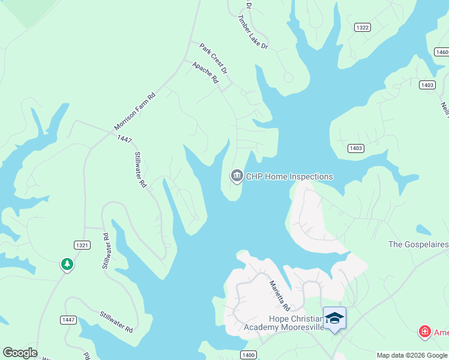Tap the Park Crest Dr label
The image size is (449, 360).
tap(214, 58)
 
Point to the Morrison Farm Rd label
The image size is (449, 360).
tap(135, 112)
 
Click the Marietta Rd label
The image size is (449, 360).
tap(279, 294)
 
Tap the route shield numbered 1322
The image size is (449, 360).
tap(363, 28)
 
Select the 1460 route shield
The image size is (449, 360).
tap(441, 52)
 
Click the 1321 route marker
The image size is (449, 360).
tap(82, 245)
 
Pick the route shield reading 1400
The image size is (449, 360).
tap(249, 355)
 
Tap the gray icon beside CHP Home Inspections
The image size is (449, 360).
tap(237, 176)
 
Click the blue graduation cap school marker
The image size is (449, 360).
tap(334, 317)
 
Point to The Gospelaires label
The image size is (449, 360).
tap(418, 244)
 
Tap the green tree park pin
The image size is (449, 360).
tap(67, 264)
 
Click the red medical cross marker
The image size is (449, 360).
tap(424, 331)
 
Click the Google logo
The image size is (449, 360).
tap(20, 353)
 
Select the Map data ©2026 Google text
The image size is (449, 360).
tap(412, 355)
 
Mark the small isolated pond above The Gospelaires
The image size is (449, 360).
tap(423, 230)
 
